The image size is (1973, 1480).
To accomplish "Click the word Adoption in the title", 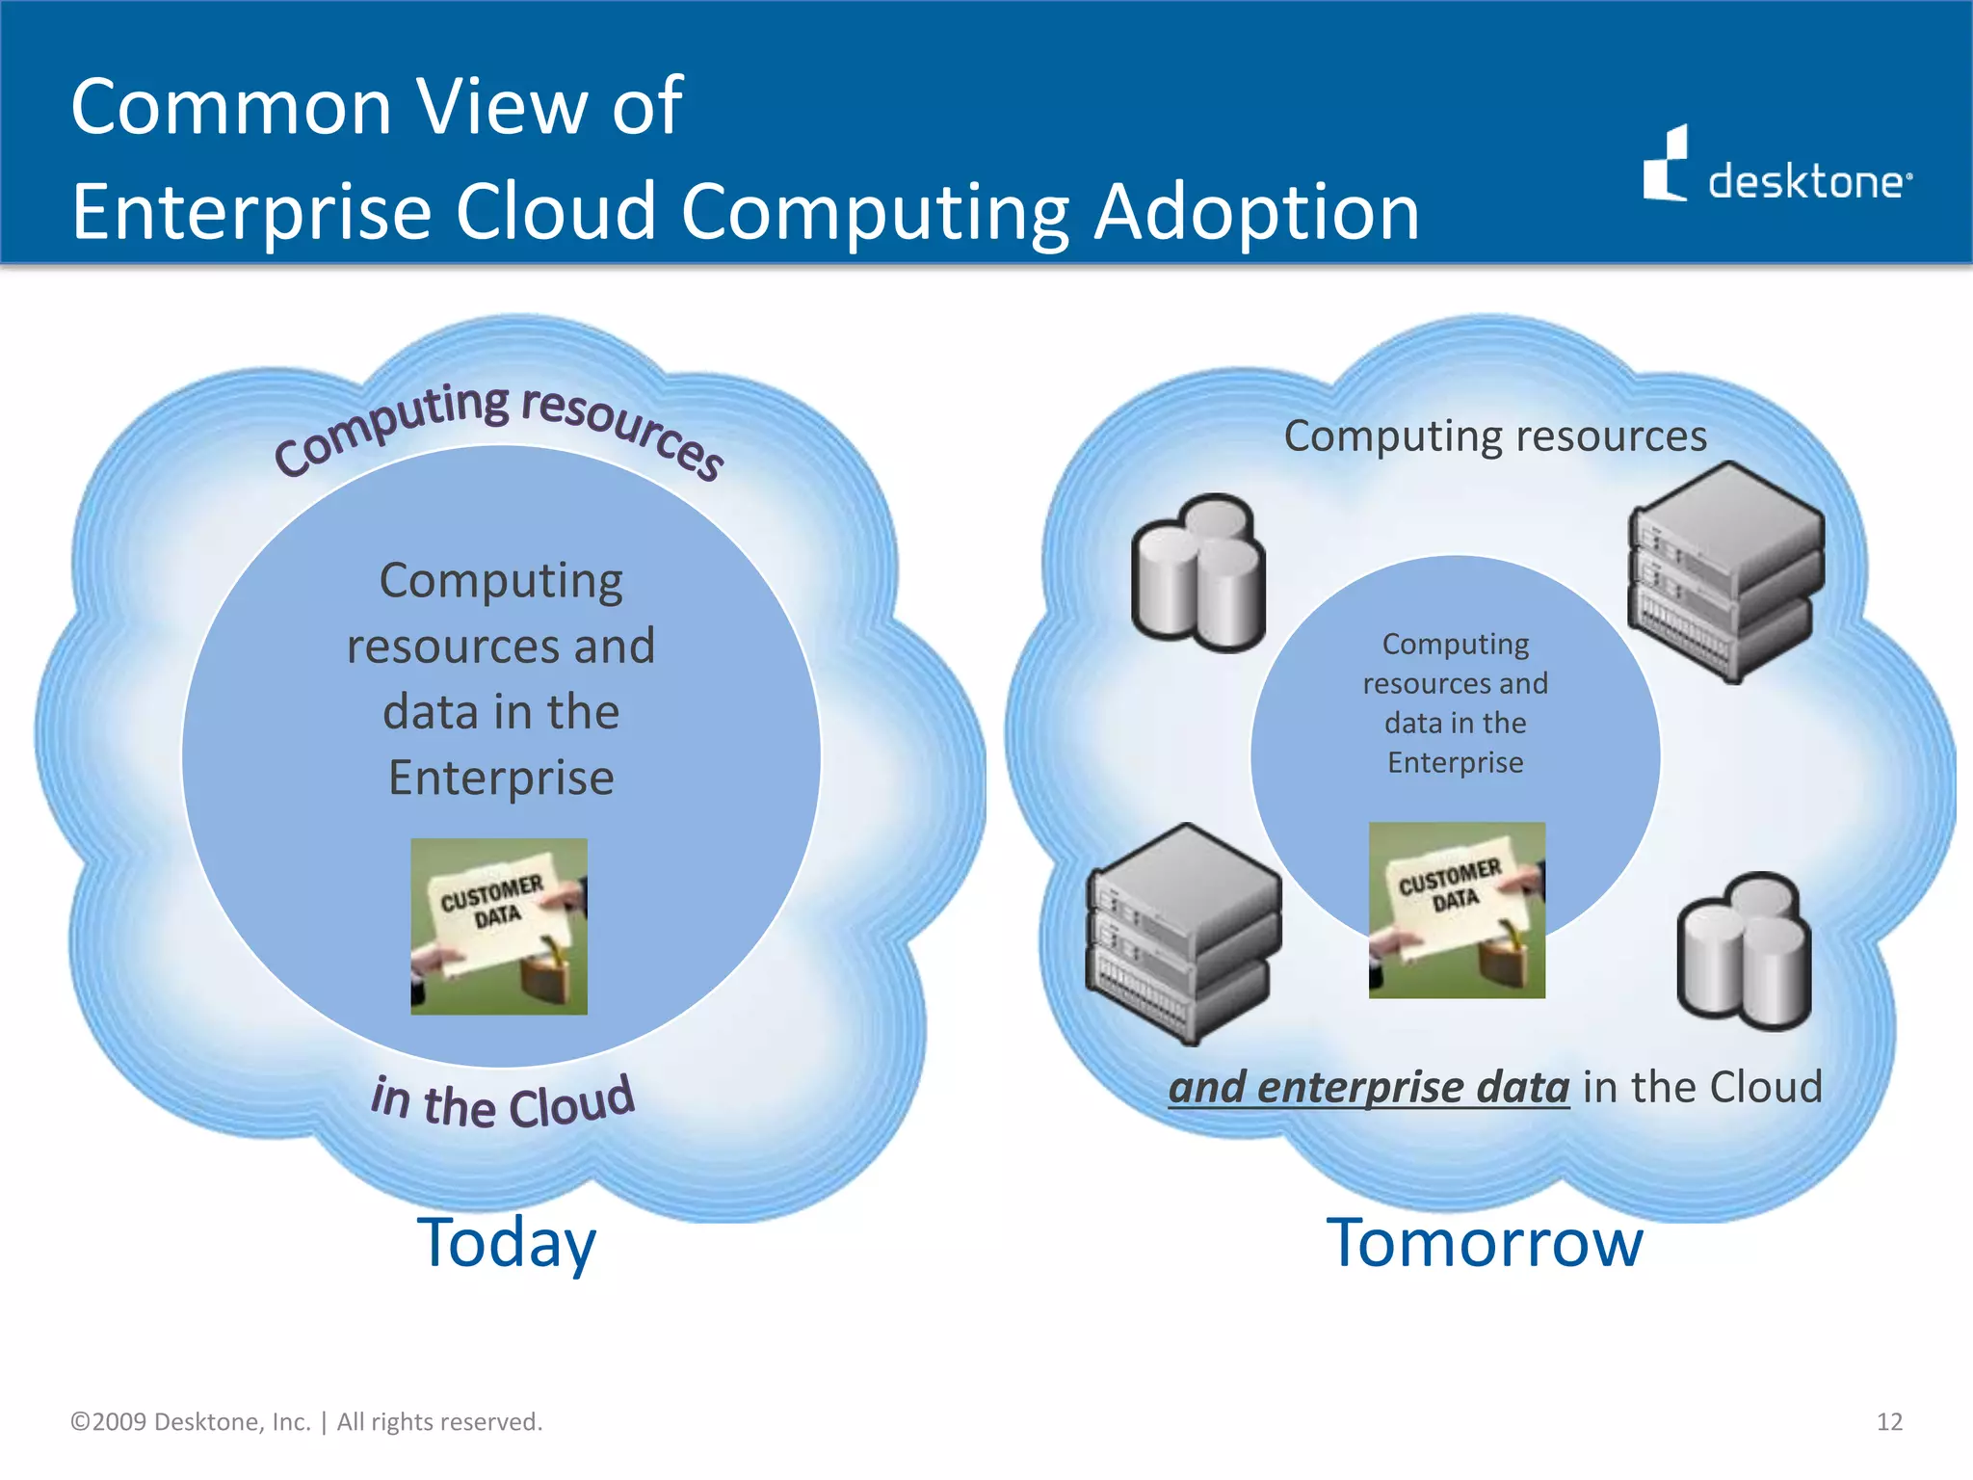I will (1256, 212).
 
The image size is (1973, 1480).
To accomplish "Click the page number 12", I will (1889, 1422).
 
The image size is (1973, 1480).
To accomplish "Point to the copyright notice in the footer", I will (306, 1422).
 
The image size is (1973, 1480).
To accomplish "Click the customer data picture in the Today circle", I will (499, 926).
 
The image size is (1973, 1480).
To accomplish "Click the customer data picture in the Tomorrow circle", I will (1457, 910).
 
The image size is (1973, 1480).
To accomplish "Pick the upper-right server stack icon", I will (1725, 570).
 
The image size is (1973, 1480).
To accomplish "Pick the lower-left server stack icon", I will (1184, 933).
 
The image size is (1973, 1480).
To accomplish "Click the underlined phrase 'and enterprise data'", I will (1369, 1088).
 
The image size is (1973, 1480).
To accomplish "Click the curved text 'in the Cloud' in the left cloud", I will (503, 1102).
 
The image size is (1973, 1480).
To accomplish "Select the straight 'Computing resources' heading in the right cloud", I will (1495, 436).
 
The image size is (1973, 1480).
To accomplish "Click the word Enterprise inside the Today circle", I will (501, 778).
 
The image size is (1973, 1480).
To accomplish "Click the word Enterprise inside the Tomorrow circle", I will (1455, 762).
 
